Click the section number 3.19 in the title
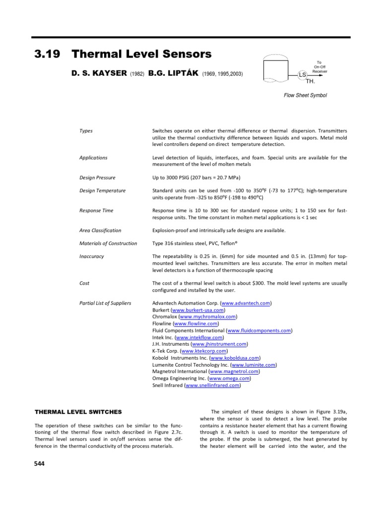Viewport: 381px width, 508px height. [x=45, y=54]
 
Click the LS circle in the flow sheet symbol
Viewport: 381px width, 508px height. [x=302, y=74]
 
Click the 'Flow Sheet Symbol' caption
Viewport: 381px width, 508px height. [x=305, y=95]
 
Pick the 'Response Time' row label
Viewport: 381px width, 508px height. [x=96, y=210]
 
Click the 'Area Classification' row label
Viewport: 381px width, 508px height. [x=100, y=230]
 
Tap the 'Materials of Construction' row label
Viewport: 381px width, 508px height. [x=108, y=243]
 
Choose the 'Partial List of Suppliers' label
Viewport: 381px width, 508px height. [x=105, y=303]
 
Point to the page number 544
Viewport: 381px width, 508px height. [x=39, y=463]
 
